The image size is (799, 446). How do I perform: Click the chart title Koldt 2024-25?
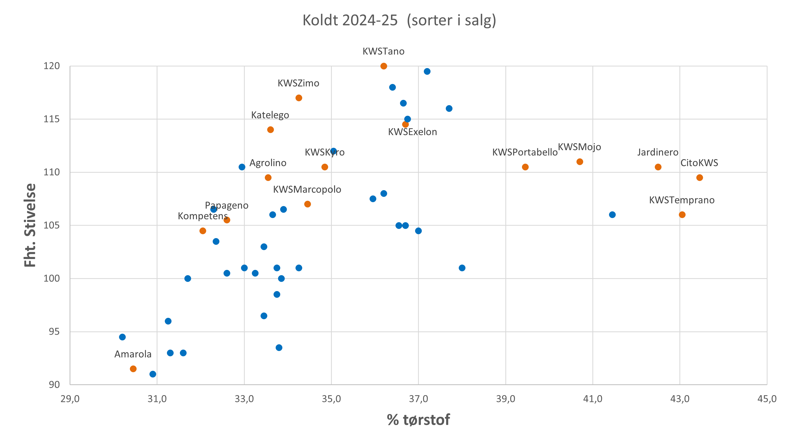pyautogui.click(x=399, y=20)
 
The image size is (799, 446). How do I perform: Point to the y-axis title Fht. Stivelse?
pyautogui.click(x=30, y=225)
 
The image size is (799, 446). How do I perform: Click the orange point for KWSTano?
pyautogui.click(x=384, y=66)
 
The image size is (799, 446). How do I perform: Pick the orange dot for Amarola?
pyautogui.click(x=133, y=369)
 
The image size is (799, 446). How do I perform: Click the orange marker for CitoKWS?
pyautogui.click(x=700, y=178)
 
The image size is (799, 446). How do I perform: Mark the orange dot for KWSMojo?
pyautogui.click(x=580, y=162)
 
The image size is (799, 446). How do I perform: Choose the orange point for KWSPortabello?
pyautogui.click(x=525, y=167)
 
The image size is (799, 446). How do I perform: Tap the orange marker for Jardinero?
pyautogui.click(x=658, y=167)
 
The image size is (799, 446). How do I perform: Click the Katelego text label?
pyautogui.click(x=270, y=115)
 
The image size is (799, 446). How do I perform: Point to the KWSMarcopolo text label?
pyautogui.click(x=307, y=189)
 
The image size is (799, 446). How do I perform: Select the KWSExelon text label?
pyautogui.click(x=412, y=132)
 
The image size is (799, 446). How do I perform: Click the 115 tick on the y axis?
pyautogui.click(x=52, y=119)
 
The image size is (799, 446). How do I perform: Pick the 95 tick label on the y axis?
pyautogui.click(x=54, y=332)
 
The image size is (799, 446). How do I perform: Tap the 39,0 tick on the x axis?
pyautogui.click(x=506, y=399)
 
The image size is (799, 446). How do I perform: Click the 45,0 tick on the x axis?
pyautogui.click(x=767, y=399)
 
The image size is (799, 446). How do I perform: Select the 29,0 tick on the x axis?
pyautogui.click(x=70, y=399)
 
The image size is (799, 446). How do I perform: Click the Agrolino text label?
pyautogui.click(x=268, y=163)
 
